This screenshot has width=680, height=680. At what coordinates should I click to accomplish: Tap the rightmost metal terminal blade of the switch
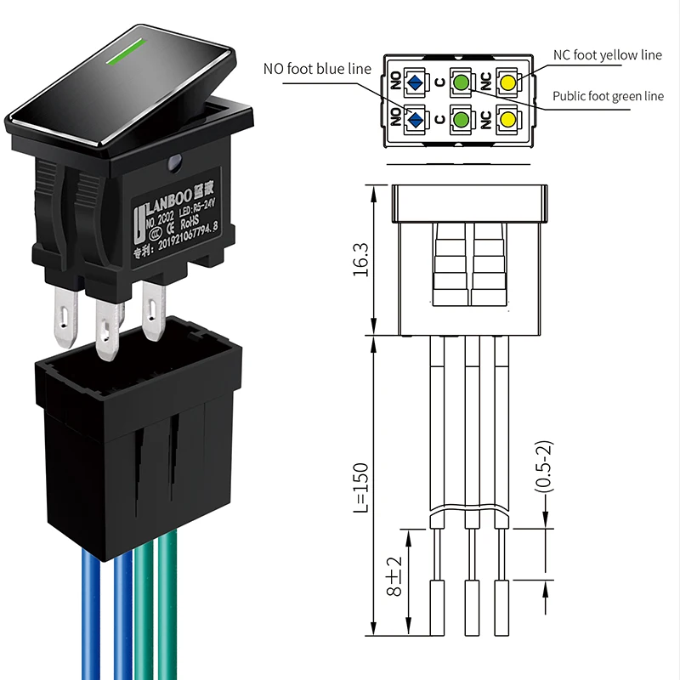click(x=154, y=309)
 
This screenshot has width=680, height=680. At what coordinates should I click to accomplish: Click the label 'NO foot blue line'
click(x=317, y=69)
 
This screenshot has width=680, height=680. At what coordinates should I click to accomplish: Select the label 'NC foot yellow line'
click(x=607, y=55)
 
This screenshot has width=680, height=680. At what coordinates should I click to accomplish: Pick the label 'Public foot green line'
click(x=608, y=96)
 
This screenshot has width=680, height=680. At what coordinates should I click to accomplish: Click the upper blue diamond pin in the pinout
click(x=415, y=82)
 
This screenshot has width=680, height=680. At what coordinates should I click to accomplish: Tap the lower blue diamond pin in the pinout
click(x=415, y=119)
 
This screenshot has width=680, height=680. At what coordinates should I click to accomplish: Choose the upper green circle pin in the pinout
click(x=461, y=82)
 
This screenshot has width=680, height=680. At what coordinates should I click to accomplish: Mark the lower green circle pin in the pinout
click(x=461, y=119)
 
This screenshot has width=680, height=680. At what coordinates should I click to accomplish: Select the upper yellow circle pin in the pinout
click(x=507, y=82)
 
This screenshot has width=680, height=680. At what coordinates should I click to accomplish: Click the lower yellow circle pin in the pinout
click(x=507, y=119)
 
